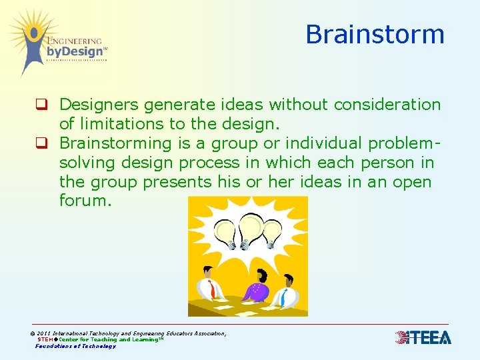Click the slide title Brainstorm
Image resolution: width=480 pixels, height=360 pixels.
375,35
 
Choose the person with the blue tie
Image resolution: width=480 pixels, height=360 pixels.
287,289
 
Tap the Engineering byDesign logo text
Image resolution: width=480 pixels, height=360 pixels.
75,47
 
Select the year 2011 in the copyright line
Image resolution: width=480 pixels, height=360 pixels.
44,333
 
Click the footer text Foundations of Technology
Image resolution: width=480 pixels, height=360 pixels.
75,346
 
